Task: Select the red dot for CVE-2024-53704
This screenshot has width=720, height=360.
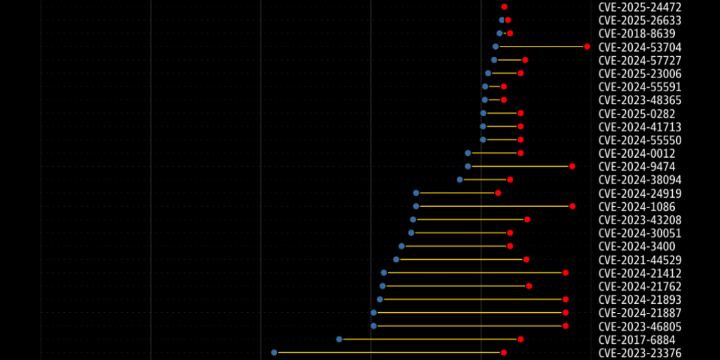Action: point(587,47)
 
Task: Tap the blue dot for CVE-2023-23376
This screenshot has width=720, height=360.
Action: point(274,352)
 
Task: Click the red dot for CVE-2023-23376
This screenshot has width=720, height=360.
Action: point(503,352)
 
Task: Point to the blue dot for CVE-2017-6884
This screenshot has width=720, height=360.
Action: point(339,339)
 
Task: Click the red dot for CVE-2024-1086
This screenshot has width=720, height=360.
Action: point(572,206)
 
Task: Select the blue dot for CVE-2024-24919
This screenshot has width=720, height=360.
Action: point(416,193)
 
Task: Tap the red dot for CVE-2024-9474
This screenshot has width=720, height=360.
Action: point(572,166)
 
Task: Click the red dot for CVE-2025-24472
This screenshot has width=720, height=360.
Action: point(504,6)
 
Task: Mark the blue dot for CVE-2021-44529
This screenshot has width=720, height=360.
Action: point(396,259)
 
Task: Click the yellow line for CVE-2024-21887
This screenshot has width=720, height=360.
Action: point(469,312)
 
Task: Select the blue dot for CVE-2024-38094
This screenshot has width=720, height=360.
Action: point(460,179)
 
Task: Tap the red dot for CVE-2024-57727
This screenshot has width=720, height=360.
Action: point(525,60)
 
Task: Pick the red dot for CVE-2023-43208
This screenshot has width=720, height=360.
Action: point(527,220)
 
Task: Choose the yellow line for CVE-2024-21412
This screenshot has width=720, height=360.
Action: point(474,273)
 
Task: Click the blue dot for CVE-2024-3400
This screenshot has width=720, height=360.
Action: point(401,246)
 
